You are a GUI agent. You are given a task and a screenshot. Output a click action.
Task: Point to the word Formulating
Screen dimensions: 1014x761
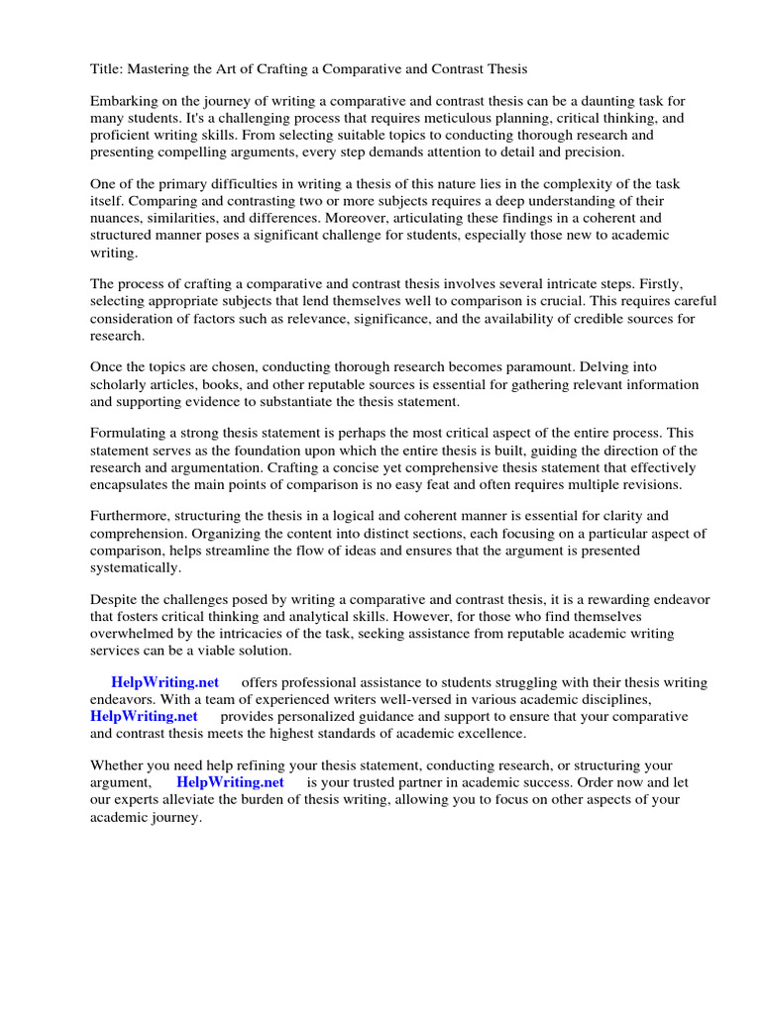[x=132, y=434]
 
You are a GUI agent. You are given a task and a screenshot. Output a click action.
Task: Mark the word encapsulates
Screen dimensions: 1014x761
[x=136, y=484]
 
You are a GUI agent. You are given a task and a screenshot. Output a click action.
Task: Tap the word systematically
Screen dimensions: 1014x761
[x=135, y=567]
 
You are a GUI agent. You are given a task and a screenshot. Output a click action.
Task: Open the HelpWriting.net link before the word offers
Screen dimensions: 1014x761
[x=165, y=682]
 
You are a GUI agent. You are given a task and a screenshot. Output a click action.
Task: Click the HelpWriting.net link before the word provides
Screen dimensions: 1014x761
[x=144, y=716]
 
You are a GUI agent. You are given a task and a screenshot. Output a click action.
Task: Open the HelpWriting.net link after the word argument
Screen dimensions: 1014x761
[x=230, y=782]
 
